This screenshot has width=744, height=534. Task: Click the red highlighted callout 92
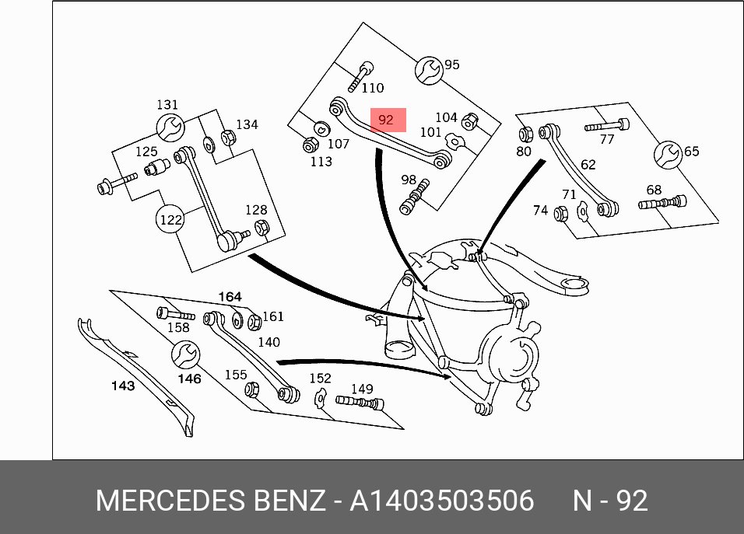click(388, 120)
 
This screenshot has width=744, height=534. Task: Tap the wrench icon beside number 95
click(429, 71)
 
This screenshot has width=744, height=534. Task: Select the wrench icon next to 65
click(668, 155)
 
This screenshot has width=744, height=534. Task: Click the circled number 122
click(170, 219)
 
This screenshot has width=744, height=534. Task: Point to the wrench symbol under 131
click(170, 127)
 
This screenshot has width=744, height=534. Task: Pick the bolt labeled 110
click(360, 77)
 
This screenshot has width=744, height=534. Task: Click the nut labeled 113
click(310, 145)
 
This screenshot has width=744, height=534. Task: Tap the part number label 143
click(123, 386)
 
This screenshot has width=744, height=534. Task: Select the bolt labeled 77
click(607, 126)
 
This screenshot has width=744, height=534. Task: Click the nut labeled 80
click(526, 134)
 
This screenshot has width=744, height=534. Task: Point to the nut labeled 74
click(561, 214)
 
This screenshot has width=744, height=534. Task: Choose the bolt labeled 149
click(360, 403)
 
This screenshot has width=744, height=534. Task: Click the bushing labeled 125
click(157, 167)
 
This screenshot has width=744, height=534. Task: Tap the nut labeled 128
click(261, 228)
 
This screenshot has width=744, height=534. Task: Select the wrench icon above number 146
click(185, 354)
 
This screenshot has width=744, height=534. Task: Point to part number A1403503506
click(442, 501)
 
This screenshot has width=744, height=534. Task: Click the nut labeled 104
click(469, 121)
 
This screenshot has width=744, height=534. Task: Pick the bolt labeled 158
click(176, 314)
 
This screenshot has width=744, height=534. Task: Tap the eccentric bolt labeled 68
click(662, 204)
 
